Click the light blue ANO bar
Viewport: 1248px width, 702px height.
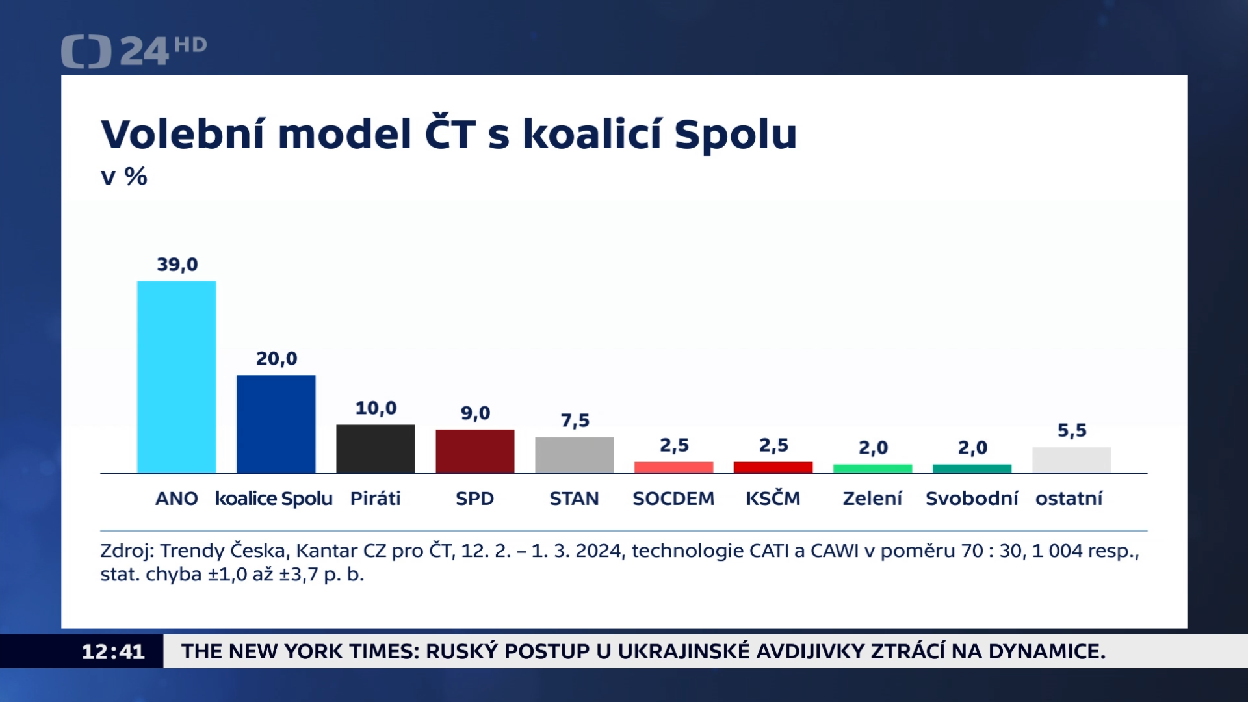coord(176,377)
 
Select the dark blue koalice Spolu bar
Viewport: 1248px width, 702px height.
coord(276,424)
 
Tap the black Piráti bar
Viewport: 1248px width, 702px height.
coord(375,448)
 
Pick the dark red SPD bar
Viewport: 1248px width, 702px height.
coord(474,451)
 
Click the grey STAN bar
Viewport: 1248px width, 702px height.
coord(574,455)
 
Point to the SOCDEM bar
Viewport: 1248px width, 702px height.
coord(673,467)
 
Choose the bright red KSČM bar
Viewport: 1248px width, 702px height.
coord(773,467)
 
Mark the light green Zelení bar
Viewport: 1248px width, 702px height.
coord(872,469)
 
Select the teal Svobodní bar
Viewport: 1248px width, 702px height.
coord(972,469)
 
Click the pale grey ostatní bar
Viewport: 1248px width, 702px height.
coord(1071,460)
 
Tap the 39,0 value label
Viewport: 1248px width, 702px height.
coord(177,265)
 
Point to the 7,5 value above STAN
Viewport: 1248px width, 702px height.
coord(575,421)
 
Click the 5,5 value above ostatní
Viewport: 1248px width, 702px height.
coord(1072,430)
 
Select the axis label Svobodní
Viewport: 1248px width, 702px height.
coord(972,499)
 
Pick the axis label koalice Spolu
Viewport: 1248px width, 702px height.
coord(274,499)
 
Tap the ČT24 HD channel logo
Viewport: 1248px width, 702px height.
coord(133,51)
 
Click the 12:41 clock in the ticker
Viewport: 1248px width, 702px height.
coord(112,651)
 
